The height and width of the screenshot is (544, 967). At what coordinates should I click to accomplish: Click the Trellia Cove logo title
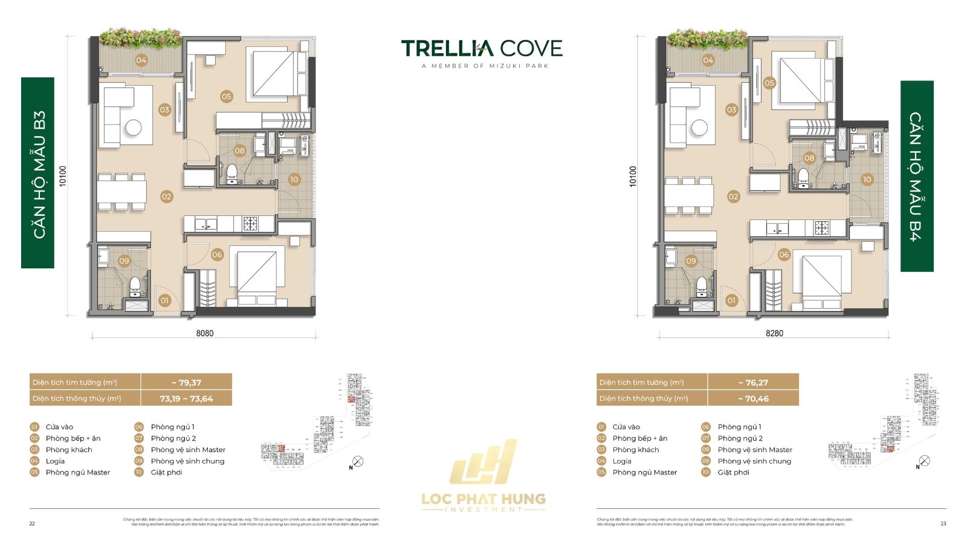482,48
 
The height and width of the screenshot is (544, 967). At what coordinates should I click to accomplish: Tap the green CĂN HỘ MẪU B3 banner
37,173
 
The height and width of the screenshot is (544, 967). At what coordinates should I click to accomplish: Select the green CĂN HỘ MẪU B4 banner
917,176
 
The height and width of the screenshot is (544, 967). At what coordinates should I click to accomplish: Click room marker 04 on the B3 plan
141,60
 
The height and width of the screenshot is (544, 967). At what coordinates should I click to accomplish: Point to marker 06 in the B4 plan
784,254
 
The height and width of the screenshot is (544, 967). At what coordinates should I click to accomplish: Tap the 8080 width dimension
204,333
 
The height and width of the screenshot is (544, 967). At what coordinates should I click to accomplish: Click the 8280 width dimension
774,333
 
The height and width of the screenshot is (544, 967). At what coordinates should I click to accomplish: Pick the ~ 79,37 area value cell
186,383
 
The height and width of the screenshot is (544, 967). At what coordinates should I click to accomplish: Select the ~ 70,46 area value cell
753,398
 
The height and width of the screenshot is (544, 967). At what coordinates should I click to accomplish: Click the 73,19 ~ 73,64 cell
186,398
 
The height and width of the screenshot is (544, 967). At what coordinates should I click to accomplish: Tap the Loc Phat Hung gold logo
483,478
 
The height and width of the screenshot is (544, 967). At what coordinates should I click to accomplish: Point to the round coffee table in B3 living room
134,128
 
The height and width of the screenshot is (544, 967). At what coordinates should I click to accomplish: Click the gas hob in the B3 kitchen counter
250,224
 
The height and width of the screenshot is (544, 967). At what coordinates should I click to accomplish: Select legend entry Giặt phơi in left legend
166,472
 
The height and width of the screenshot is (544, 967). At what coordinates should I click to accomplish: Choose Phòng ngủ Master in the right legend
644,472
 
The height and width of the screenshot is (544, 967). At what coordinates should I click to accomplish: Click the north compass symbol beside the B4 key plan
924,461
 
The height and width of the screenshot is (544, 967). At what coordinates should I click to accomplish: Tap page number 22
32,523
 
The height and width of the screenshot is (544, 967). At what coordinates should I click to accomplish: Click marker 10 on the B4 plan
867,180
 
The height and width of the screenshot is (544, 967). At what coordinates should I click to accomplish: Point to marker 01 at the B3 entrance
164,300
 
